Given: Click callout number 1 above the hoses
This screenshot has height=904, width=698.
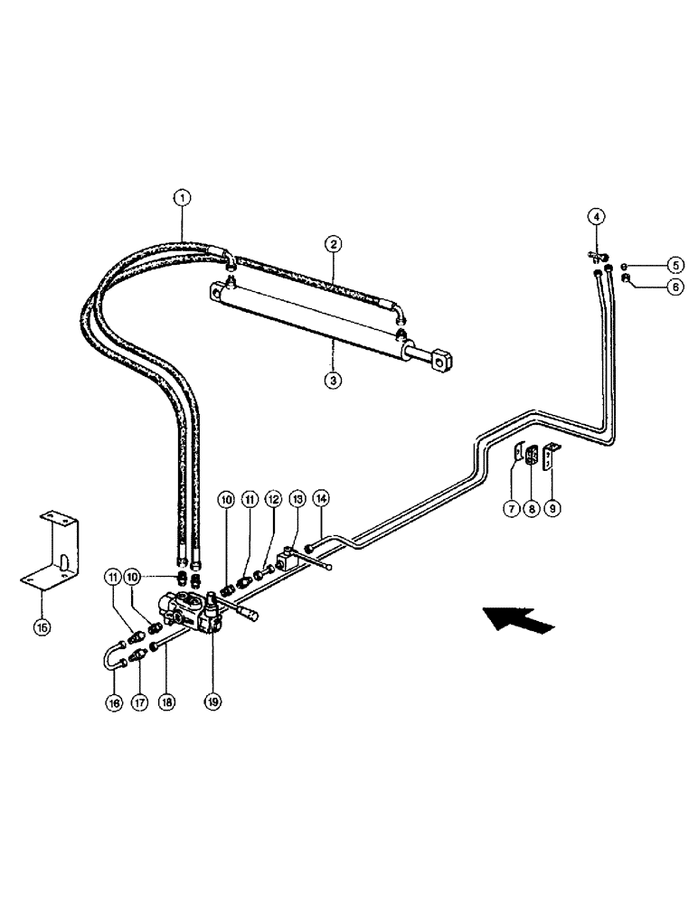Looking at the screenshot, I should click(x=183, y=196).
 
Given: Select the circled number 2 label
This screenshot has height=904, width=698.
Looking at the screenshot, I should click(x=334, y=243).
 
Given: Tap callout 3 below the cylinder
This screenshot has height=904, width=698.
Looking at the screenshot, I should click(x=334, y=381).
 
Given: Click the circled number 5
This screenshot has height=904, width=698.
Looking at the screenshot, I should click(x=674, y=265).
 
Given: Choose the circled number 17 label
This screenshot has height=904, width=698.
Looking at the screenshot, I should click(x=138, y=701).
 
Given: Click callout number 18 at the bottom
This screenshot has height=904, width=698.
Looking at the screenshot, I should click(x=167, y=701).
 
